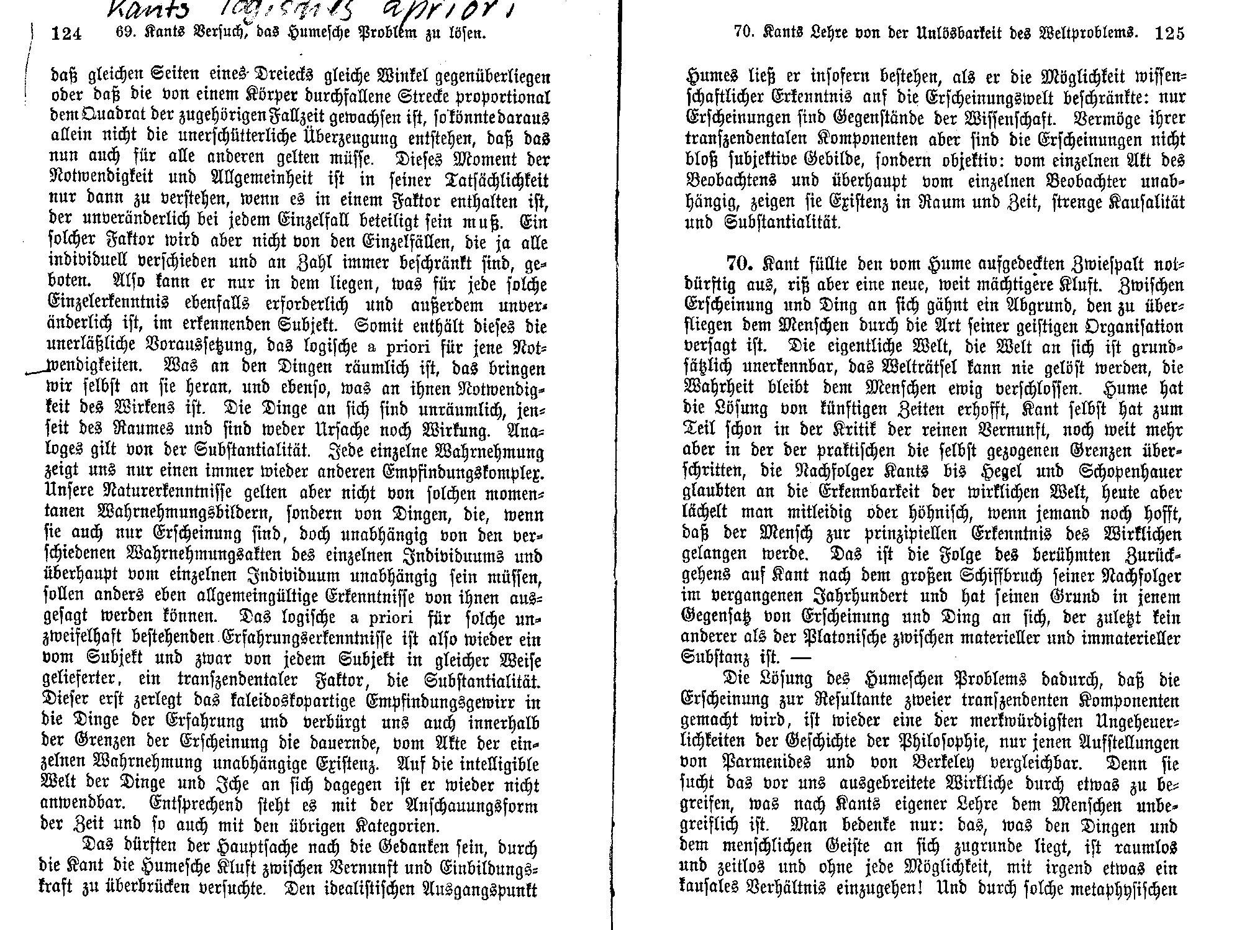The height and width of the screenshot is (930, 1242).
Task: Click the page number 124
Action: point(66,34)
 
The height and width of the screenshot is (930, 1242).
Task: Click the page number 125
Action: point(1169,33)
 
